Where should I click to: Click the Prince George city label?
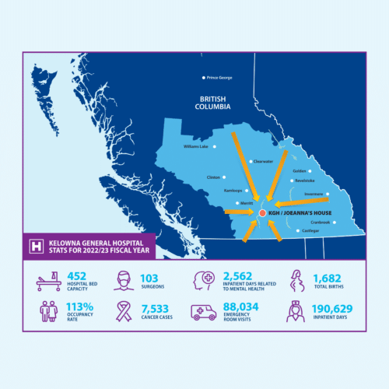(219, 77)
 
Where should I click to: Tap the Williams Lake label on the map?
(195, 146)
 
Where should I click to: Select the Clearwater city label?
(262, 162)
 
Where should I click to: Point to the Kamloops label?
(233, 190)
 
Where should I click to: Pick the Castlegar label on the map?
(310, 231)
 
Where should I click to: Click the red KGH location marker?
(262, 212)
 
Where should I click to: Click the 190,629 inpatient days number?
(332, 308)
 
